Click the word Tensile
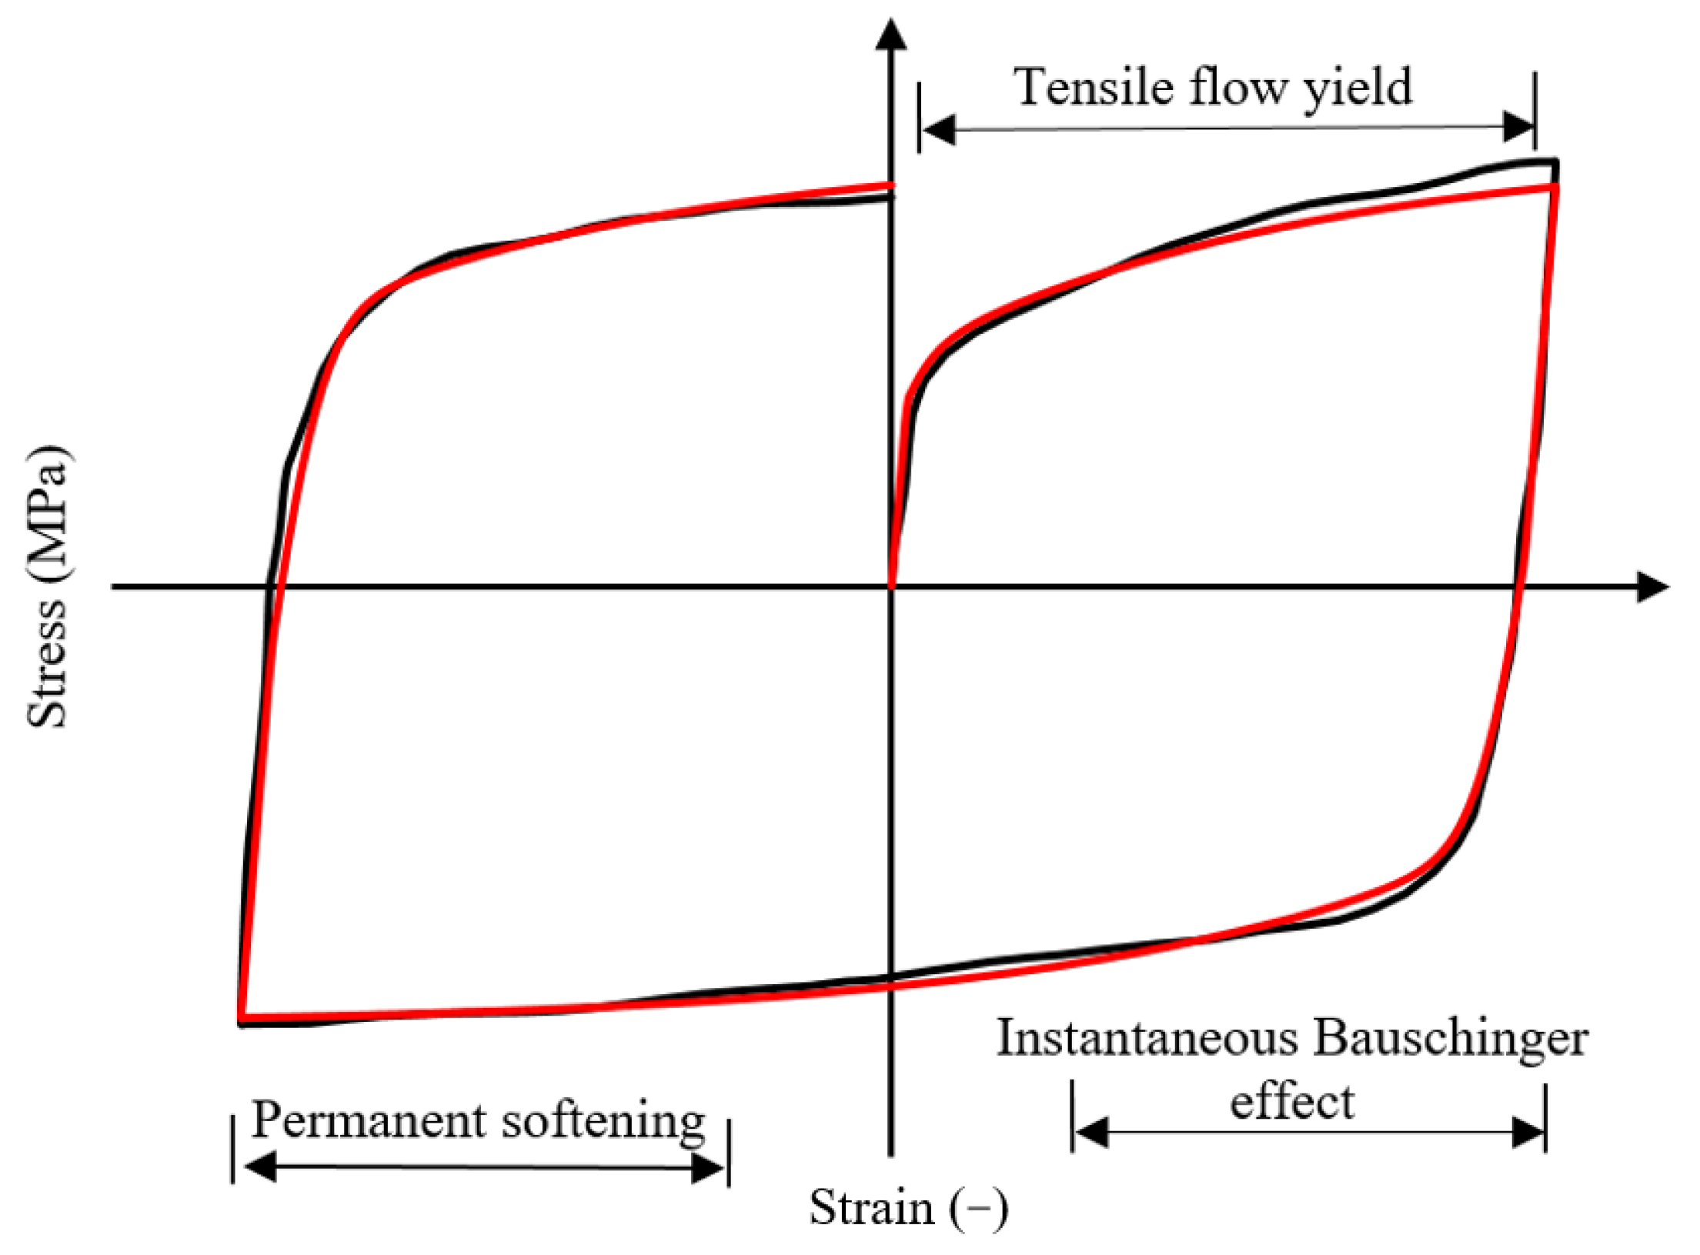pyautogui.click(x=1093, y=86)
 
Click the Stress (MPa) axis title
pyautogui.click(x=48, y=586)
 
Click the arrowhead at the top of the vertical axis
pyautogui.click(x=891, y=34)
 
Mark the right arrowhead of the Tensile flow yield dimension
pyautogui.click(x=1519, y=127)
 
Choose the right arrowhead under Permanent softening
pyautogui.click(x=707, y=1168)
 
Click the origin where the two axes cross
pyautogui.click(x=891, y=587)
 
